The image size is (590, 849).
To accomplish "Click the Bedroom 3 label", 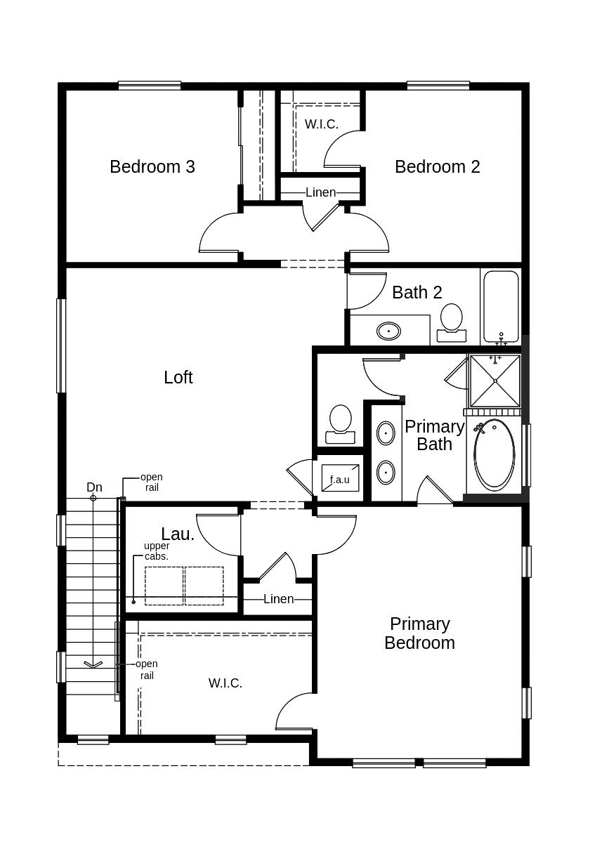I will pos(152,166).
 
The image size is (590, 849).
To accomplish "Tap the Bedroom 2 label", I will pos(437,166).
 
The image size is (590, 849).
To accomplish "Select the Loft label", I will pos(178,377).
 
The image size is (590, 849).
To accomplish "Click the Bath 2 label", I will pos(417,292).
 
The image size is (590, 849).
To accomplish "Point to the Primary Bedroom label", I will pos(419,633).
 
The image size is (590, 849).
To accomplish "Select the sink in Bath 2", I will pos(388,330).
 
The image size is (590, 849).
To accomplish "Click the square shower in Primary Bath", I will pos(495,381).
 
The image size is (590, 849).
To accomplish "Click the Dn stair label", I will pos(94,487).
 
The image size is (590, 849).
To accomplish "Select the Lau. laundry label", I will pos(178,534).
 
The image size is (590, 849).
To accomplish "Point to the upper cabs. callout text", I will pos(157,551).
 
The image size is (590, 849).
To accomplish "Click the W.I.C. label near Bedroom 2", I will pos(321,124).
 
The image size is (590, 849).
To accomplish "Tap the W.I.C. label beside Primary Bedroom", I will pos(225,683).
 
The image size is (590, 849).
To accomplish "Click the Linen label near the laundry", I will pos(278,599).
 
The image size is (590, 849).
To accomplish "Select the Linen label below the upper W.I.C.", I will pos(320,192).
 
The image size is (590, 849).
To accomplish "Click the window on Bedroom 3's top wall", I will pos(150,86).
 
